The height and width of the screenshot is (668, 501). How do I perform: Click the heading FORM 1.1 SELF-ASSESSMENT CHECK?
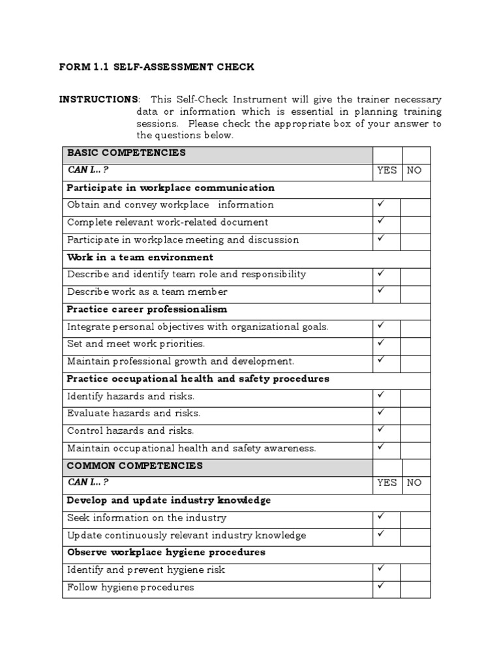[157, 67]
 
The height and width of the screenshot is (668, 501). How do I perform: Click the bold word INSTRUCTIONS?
[99, 100]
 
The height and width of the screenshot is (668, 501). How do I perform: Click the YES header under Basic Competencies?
[387, 170]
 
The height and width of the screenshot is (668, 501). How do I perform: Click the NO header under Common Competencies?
[415, 483]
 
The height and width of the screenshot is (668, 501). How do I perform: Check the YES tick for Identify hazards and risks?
[382, 395]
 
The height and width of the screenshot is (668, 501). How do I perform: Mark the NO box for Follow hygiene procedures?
[416, 588]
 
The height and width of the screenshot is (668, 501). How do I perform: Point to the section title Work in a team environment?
[140, 257]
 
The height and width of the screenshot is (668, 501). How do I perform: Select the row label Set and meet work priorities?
[136, 344]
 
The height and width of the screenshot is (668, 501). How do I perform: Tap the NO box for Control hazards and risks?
[416, 431]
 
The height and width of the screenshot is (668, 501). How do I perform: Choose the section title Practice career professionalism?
[147, 309]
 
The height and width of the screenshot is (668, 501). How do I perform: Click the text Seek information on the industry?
[147, 518]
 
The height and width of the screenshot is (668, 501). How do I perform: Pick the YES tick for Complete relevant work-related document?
[382, 221]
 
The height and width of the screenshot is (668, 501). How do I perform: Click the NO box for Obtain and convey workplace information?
[416, 205]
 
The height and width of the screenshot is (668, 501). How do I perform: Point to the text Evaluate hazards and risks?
[134, 414]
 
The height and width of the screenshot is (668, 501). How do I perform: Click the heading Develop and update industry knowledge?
[169, 500]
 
